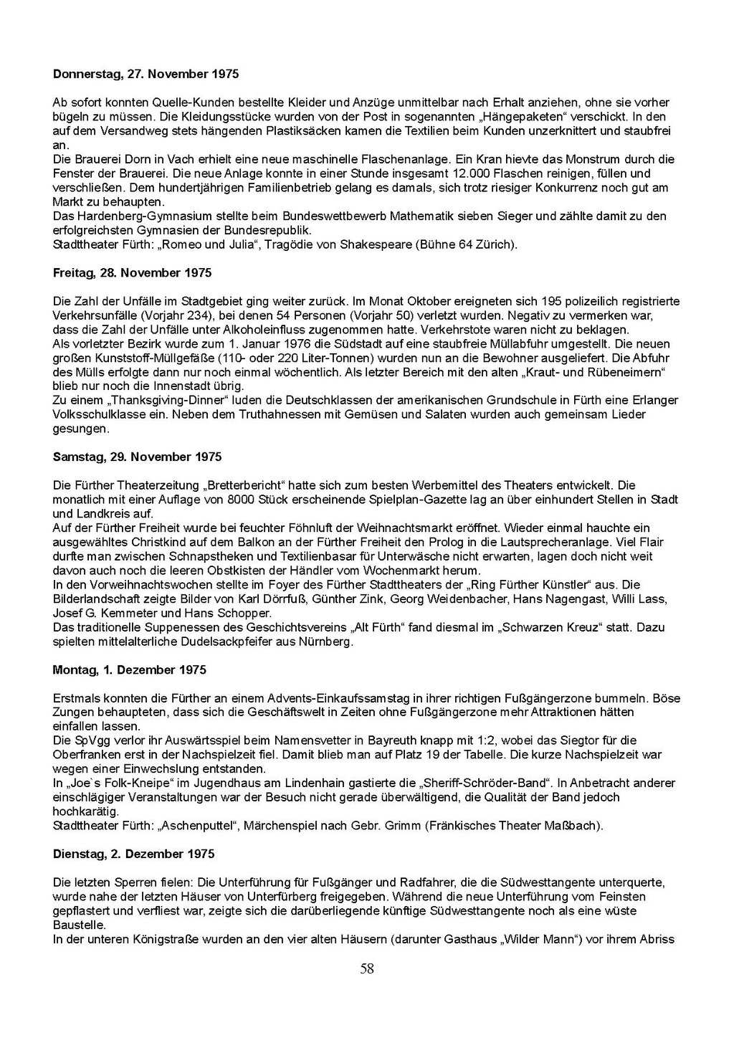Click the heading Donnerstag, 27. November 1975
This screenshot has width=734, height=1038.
146,75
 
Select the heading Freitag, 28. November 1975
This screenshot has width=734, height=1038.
133,273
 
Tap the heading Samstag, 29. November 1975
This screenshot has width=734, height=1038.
138,457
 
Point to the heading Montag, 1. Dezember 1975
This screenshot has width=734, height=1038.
130,670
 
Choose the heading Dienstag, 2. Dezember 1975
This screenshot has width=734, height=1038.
134,854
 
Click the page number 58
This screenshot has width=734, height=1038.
367,969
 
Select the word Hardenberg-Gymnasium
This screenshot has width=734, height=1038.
136,216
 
